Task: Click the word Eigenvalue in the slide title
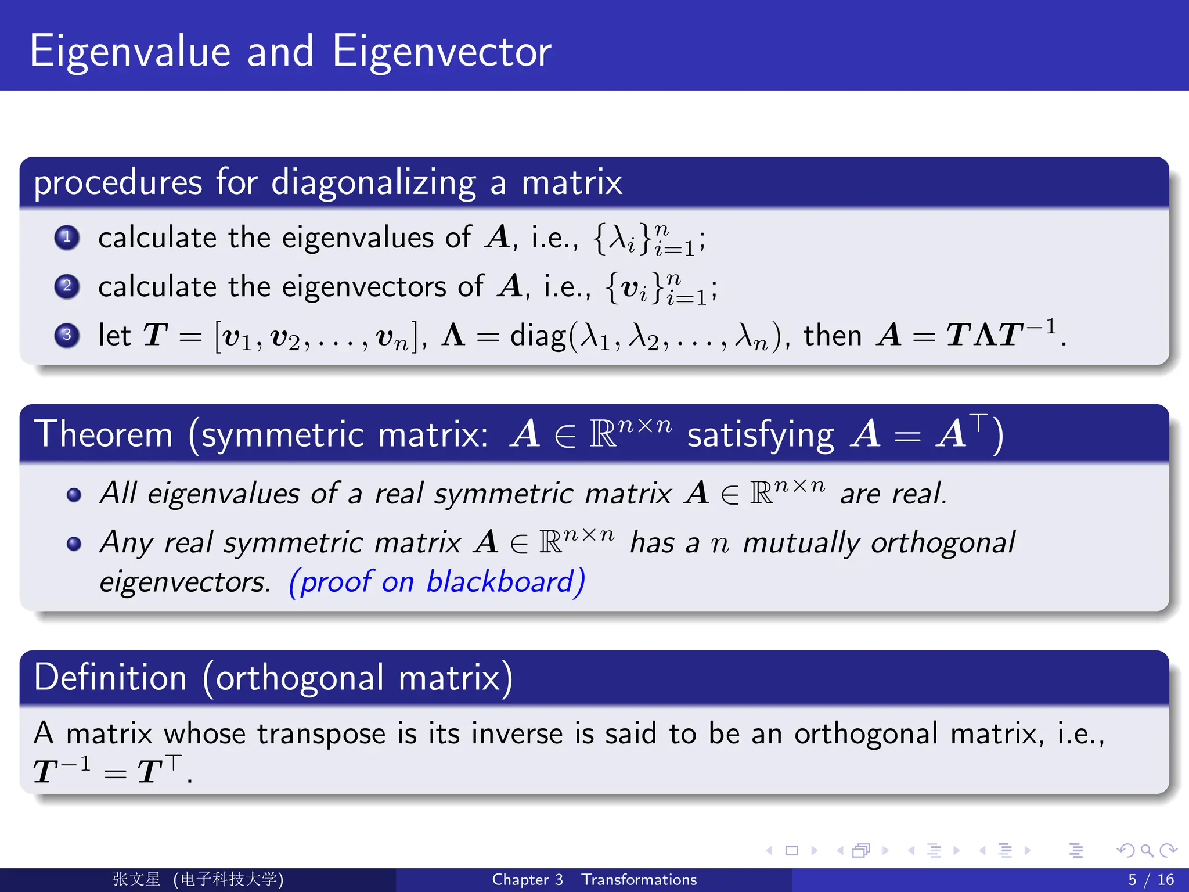pos(129,52)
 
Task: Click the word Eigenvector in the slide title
pos(441,52)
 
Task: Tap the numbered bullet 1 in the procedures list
pos(67,237)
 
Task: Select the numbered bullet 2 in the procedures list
pos(67,286)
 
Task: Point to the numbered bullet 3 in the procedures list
pos(67,335)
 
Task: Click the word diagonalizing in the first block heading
pos(373,183)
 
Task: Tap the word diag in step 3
pos(537,336)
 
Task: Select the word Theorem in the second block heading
pos(103,434)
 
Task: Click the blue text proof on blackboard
pos(437,582)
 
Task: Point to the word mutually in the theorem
pos(801,544)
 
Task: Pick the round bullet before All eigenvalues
pos(74,495)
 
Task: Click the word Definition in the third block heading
pos(110,678)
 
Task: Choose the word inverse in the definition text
pos(517,733)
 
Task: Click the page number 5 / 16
pos(1150,880)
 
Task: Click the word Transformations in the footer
pos(639,880)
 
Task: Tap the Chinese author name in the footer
pos(136,879)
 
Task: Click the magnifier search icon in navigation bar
pos(1147,851)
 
